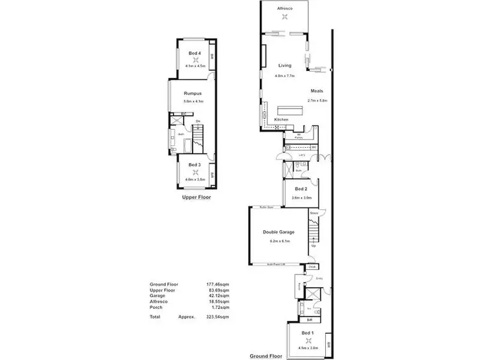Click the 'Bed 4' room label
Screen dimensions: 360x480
click(194, 53)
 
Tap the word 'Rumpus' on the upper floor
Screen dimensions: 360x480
click(193, 93)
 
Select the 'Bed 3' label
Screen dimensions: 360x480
click(194, 165)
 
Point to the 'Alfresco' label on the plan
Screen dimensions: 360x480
click(285, 9)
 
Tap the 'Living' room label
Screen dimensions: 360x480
click(285, 65)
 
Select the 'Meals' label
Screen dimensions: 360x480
click(317, 91)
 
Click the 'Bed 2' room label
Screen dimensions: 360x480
click(301, 190)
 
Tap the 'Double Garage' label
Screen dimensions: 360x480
click(278, 232)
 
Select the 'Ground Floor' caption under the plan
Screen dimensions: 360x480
click(267, 356)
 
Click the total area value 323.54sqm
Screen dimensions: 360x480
click(218, 317)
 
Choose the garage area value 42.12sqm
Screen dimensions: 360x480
click(218, 295)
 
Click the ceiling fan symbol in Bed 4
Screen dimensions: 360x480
click(194, 59)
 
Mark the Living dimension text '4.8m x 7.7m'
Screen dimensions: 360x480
click(285, 75)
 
